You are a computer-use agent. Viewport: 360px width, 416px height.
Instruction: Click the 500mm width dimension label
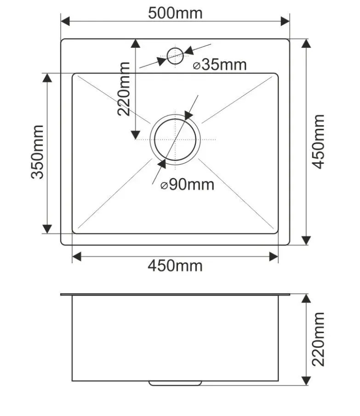tap(175, 13)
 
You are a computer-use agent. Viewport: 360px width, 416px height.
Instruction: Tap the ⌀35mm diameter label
tap(220, 65)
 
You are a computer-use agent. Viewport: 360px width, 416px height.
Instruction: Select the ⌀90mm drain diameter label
tap(188, 185)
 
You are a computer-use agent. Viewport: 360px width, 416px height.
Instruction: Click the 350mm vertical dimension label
tap(37, 152)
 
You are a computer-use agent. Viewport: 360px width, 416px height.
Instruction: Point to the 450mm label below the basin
tap(175, 266)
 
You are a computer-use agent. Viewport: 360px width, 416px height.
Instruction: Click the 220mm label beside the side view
tap(318, 339)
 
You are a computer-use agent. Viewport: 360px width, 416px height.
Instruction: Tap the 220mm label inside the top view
tap(124, 89)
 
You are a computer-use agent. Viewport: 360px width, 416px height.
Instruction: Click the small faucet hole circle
tap(175, 56)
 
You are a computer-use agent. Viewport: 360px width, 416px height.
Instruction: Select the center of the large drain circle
tap(175, 139)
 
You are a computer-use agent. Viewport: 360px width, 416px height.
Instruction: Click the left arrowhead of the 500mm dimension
tap(65, 21)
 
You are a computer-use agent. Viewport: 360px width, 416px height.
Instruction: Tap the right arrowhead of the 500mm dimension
tap(285, 21)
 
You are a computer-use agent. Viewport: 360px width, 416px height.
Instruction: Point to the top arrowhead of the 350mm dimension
tap(47, 78)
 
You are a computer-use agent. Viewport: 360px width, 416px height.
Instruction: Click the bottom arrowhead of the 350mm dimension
tap(47, 229)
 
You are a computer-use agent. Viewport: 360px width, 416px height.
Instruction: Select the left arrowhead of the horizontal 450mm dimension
tap(77, 257)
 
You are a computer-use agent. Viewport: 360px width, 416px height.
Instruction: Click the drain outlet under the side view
tap(175, 383)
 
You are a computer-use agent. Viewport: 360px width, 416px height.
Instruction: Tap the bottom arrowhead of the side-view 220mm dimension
tap(307, 381)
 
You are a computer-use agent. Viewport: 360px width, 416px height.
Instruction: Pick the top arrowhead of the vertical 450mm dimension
tap(307, 44)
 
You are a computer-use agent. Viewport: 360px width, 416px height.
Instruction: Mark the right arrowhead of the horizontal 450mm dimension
tap(274, 257)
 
